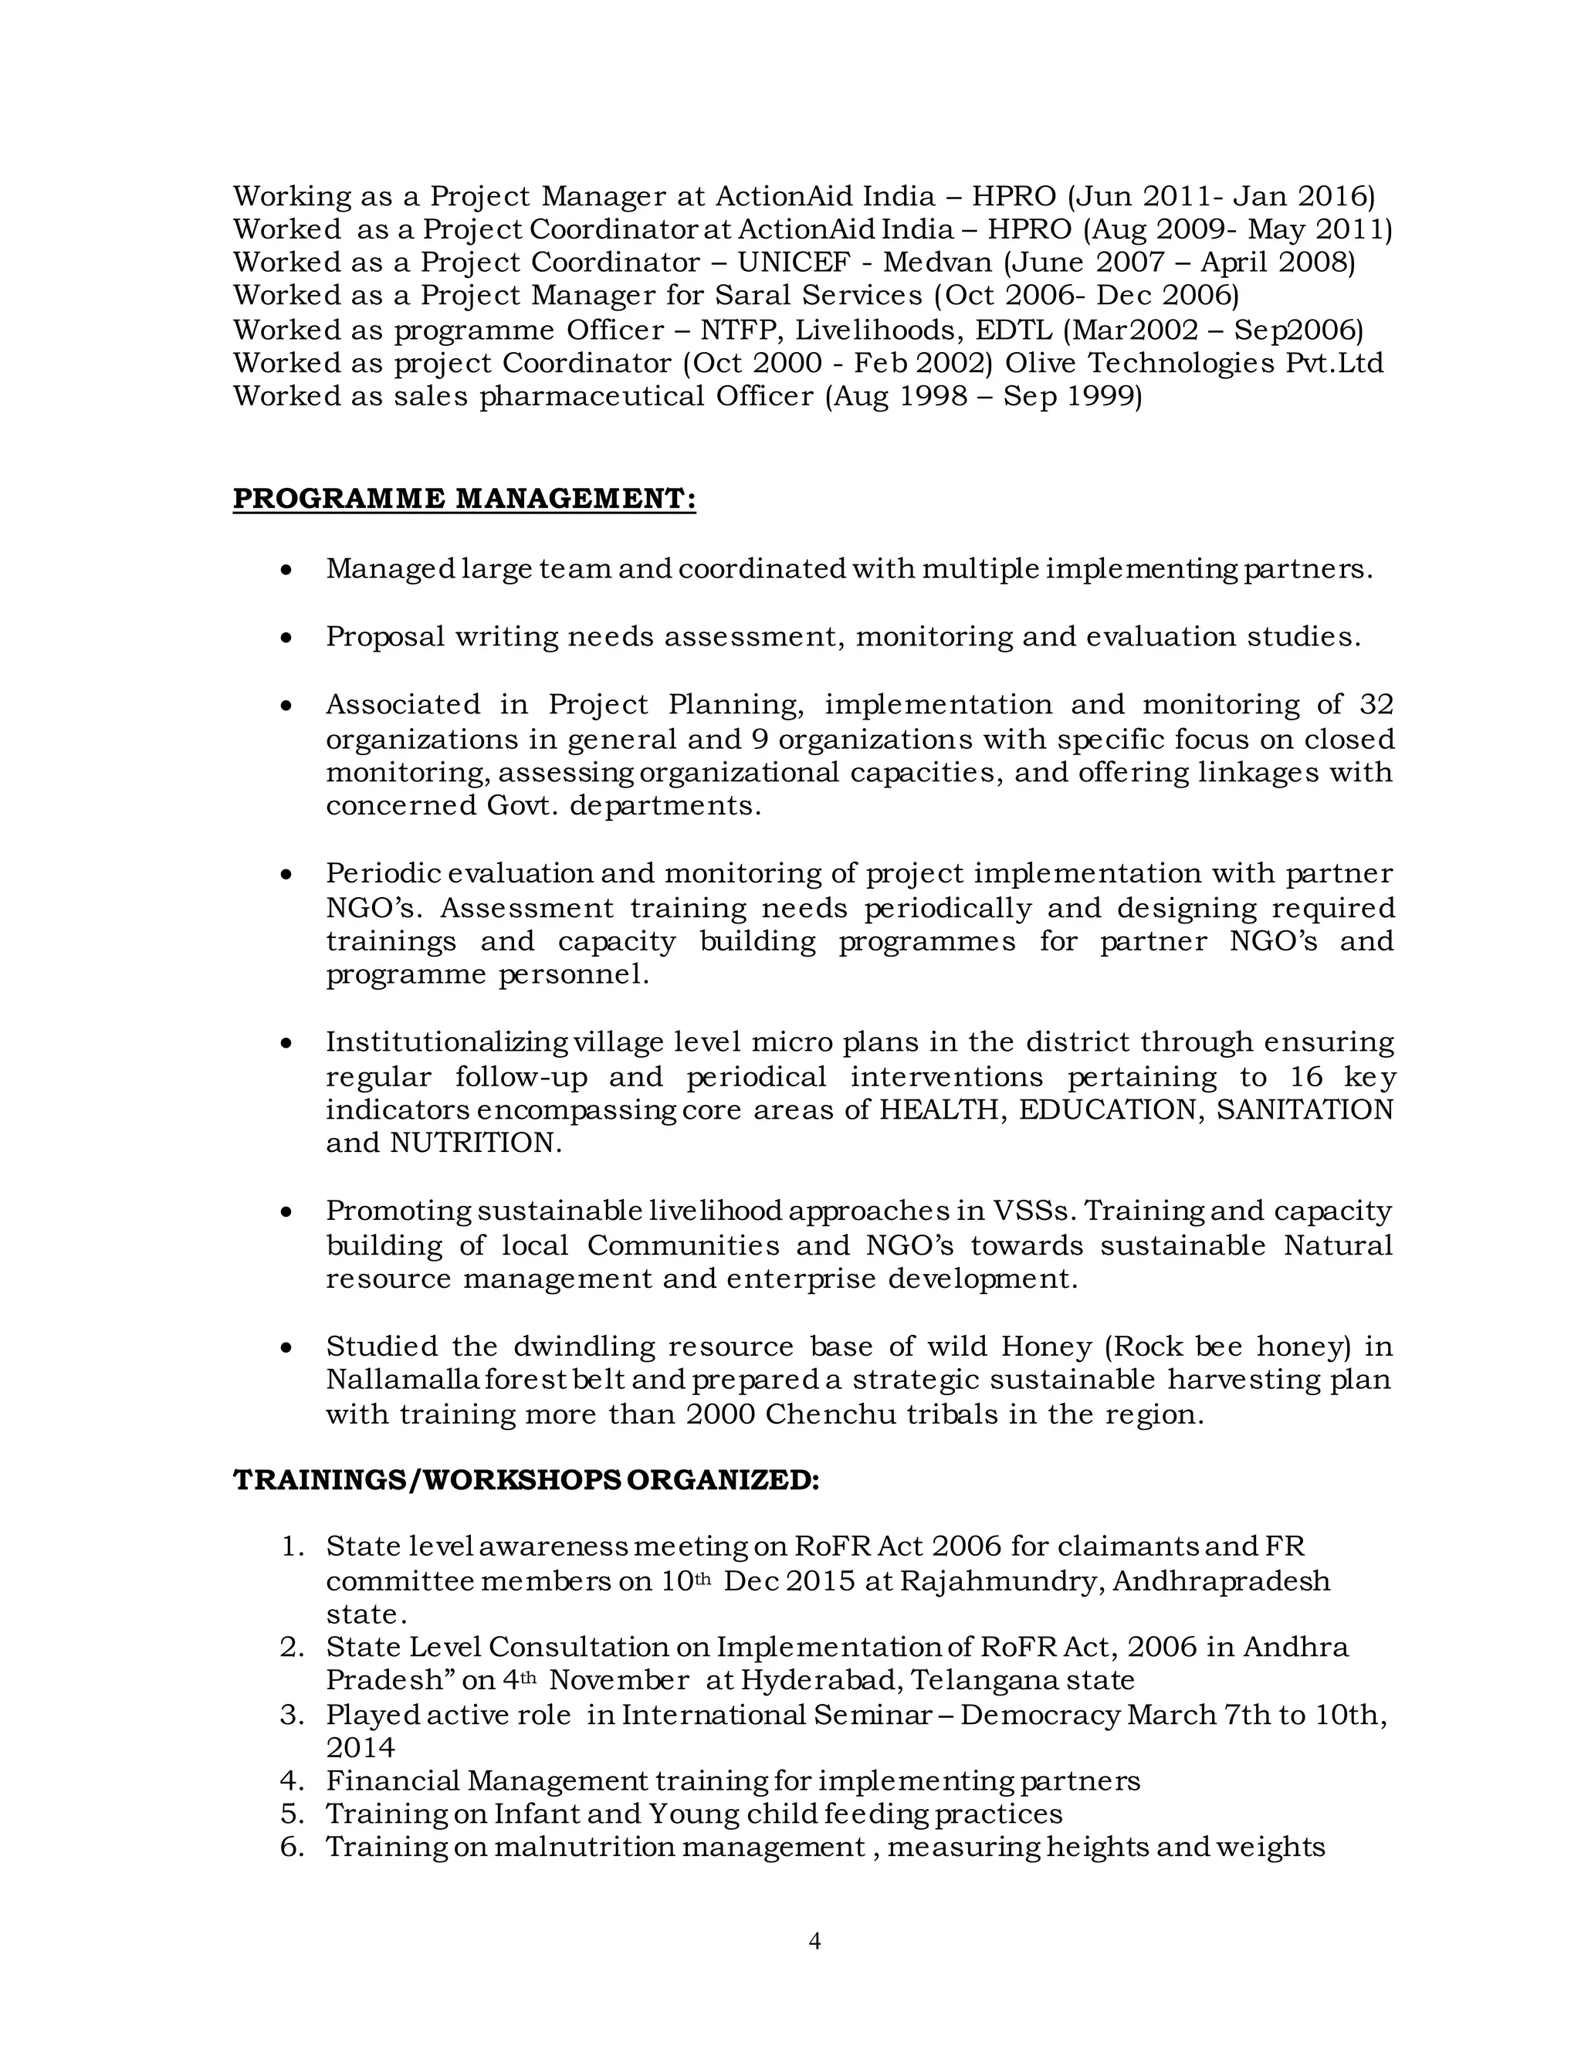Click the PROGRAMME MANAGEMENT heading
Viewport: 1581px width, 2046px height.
464,499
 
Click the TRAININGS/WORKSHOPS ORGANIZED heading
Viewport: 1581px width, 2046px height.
526,1480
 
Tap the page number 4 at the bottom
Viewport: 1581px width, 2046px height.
814,1941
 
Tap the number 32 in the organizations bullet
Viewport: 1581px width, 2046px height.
1374,704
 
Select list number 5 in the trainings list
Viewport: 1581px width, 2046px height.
293,1814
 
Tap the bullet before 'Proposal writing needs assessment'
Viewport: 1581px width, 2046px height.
287,638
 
